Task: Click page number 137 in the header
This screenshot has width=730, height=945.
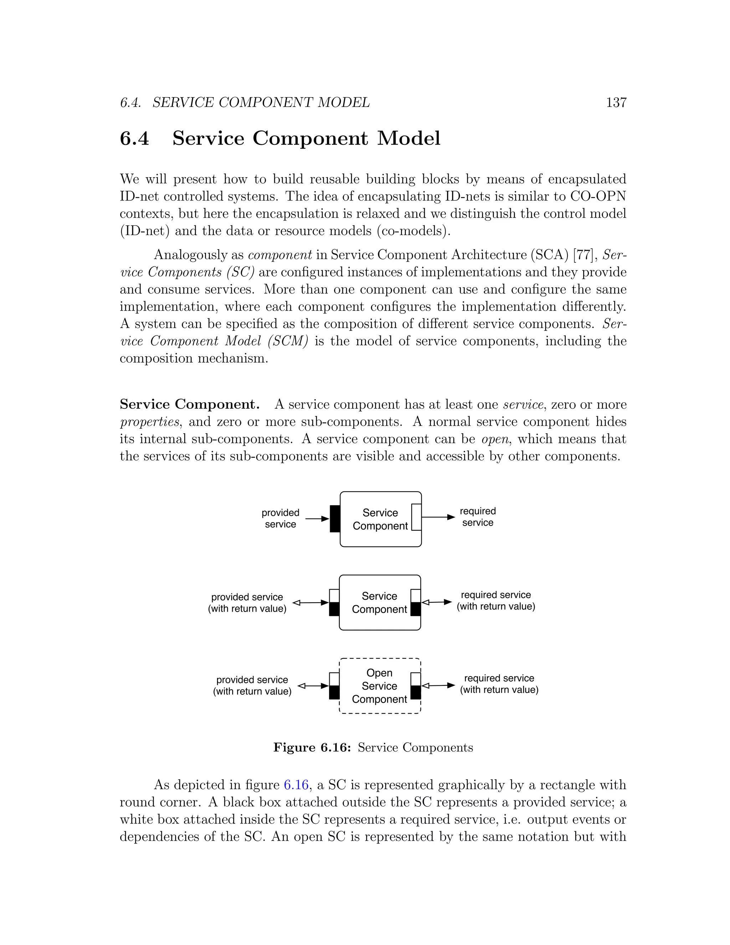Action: pyautogui.click(x=616, y=103)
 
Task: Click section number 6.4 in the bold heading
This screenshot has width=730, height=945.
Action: pyautogui.click(x=134, y=138)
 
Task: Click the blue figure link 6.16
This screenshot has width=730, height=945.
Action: pyautogui.click(x=296, y=785)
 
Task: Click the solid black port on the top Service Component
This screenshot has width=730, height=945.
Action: pyautogui.click(x=335, y=519)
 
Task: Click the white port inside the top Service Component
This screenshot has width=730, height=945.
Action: pyautogui.click(x=416, y=517)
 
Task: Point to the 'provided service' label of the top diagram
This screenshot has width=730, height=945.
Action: pyautogui.click(x=280, y=519)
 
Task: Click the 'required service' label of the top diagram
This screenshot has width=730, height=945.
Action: pyautogui.click(x=477, y=517)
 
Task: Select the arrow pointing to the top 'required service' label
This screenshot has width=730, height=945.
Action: pyautogui.click(x=438, y=517)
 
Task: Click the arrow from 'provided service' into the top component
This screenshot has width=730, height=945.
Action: pyautogui.click(x=317, y=519)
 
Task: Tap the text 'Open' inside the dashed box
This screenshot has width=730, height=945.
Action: pyautogui.click(x=379, y=673)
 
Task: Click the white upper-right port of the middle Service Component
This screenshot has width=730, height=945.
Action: pyautogui.click(x=416, y=596)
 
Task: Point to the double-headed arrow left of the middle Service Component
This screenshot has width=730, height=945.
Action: pyautogui.click(x=310, y=603)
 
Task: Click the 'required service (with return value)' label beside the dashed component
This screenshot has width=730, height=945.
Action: pyautogui.click(x=499, y=684)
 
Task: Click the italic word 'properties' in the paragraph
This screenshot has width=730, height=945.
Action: pyautogui.click(x=149, y=422)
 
